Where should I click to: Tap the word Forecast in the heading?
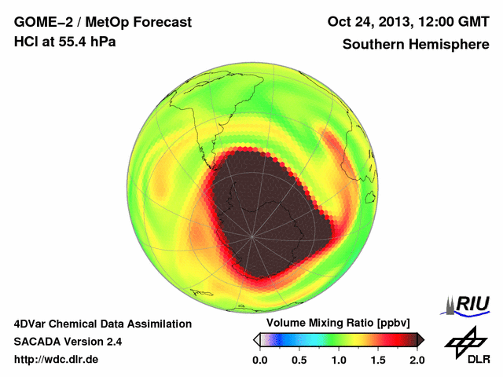pos(161,22)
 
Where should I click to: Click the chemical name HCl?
pos(26,41)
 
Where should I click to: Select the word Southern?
pos(373,44)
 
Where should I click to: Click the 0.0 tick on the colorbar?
pos(260,360)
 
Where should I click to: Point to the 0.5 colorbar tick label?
pos(299,360)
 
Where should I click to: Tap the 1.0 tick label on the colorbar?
pos(339,360)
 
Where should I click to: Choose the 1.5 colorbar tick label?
pos(378,360)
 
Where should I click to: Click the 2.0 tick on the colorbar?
pos(417,360)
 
